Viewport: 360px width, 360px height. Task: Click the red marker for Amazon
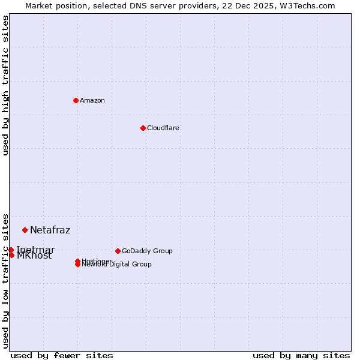tap(76, 100)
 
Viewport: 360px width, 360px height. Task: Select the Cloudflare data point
tap(143, 128)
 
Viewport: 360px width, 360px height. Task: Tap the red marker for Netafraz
tap(25, 230)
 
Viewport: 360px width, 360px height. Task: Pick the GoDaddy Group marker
tap(118, 251)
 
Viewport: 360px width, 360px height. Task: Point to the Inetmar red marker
tap(11, 250)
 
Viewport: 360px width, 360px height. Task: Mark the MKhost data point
tap(11, 255)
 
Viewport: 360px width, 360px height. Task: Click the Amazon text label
tap(92, 100)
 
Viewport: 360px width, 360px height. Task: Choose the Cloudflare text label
tap(163, 128)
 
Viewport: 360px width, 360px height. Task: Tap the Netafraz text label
tap(50, 230)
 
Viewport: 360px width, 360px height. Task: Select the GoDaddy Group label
tap(147, 251)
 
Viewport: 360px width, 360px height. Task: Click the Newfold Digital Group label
tap(118, 265)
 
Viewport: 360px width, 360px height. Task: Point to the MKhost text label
tap(34, 256)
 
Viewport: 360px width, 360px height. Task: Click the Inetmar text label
tap(35, 250)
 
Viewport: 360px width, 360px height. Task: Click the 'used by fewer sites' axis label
tap(62, 355)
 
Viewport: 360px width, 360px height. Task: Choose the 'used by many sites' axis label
tap(301, 355)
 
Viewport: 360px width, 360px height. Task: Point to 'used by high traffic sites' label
tap(6, 85)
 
